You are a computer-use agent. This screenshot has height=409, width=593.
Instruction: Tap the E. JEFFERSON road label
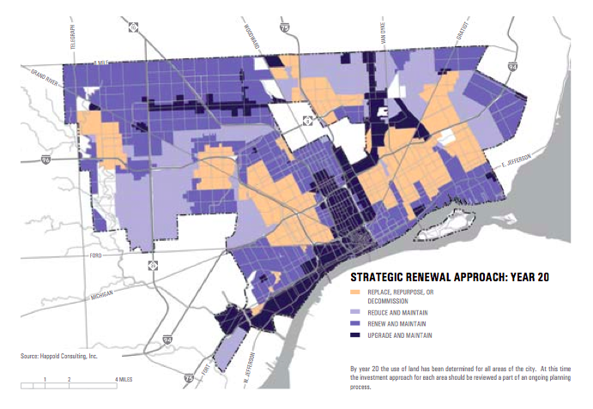click(512, 159)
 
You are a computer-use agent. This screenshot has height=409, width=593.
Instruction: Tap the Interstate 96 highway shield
click(45, 159)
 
